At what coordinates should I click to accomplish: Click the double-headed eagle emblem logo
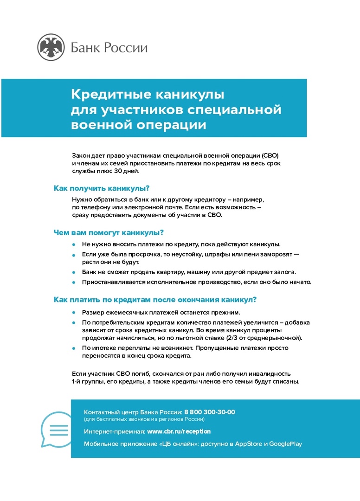(x=51, y=47)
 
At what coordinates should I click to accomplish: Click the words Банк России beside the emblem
(x=109, y=47)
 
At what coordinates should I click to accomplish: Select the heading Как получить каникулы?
(x=102, y=188)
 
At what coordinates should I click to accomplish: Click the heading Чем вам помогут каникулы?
(x=109, y=232)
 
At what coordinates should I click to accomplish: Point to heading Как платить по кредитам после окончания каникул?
(x=155, y=300)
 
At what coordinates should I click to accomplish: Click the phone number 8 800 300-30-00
(x=210, y=412)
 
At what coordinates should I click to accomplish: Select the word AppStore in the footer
(x=249, y=444)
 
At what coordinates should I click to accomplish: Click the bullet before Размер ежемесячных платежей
(x=73, y=313)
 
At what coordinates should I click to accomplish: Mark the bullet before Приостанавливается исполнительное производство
(x=73, y=282)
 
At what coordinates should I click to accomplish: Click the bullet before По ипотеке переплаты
(x=73, y=348)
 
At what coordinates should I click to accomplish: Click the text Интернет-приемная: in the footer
(x=115, y=431)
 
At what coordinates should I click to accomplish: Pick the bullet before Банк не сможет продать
(x=73, y=272)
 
